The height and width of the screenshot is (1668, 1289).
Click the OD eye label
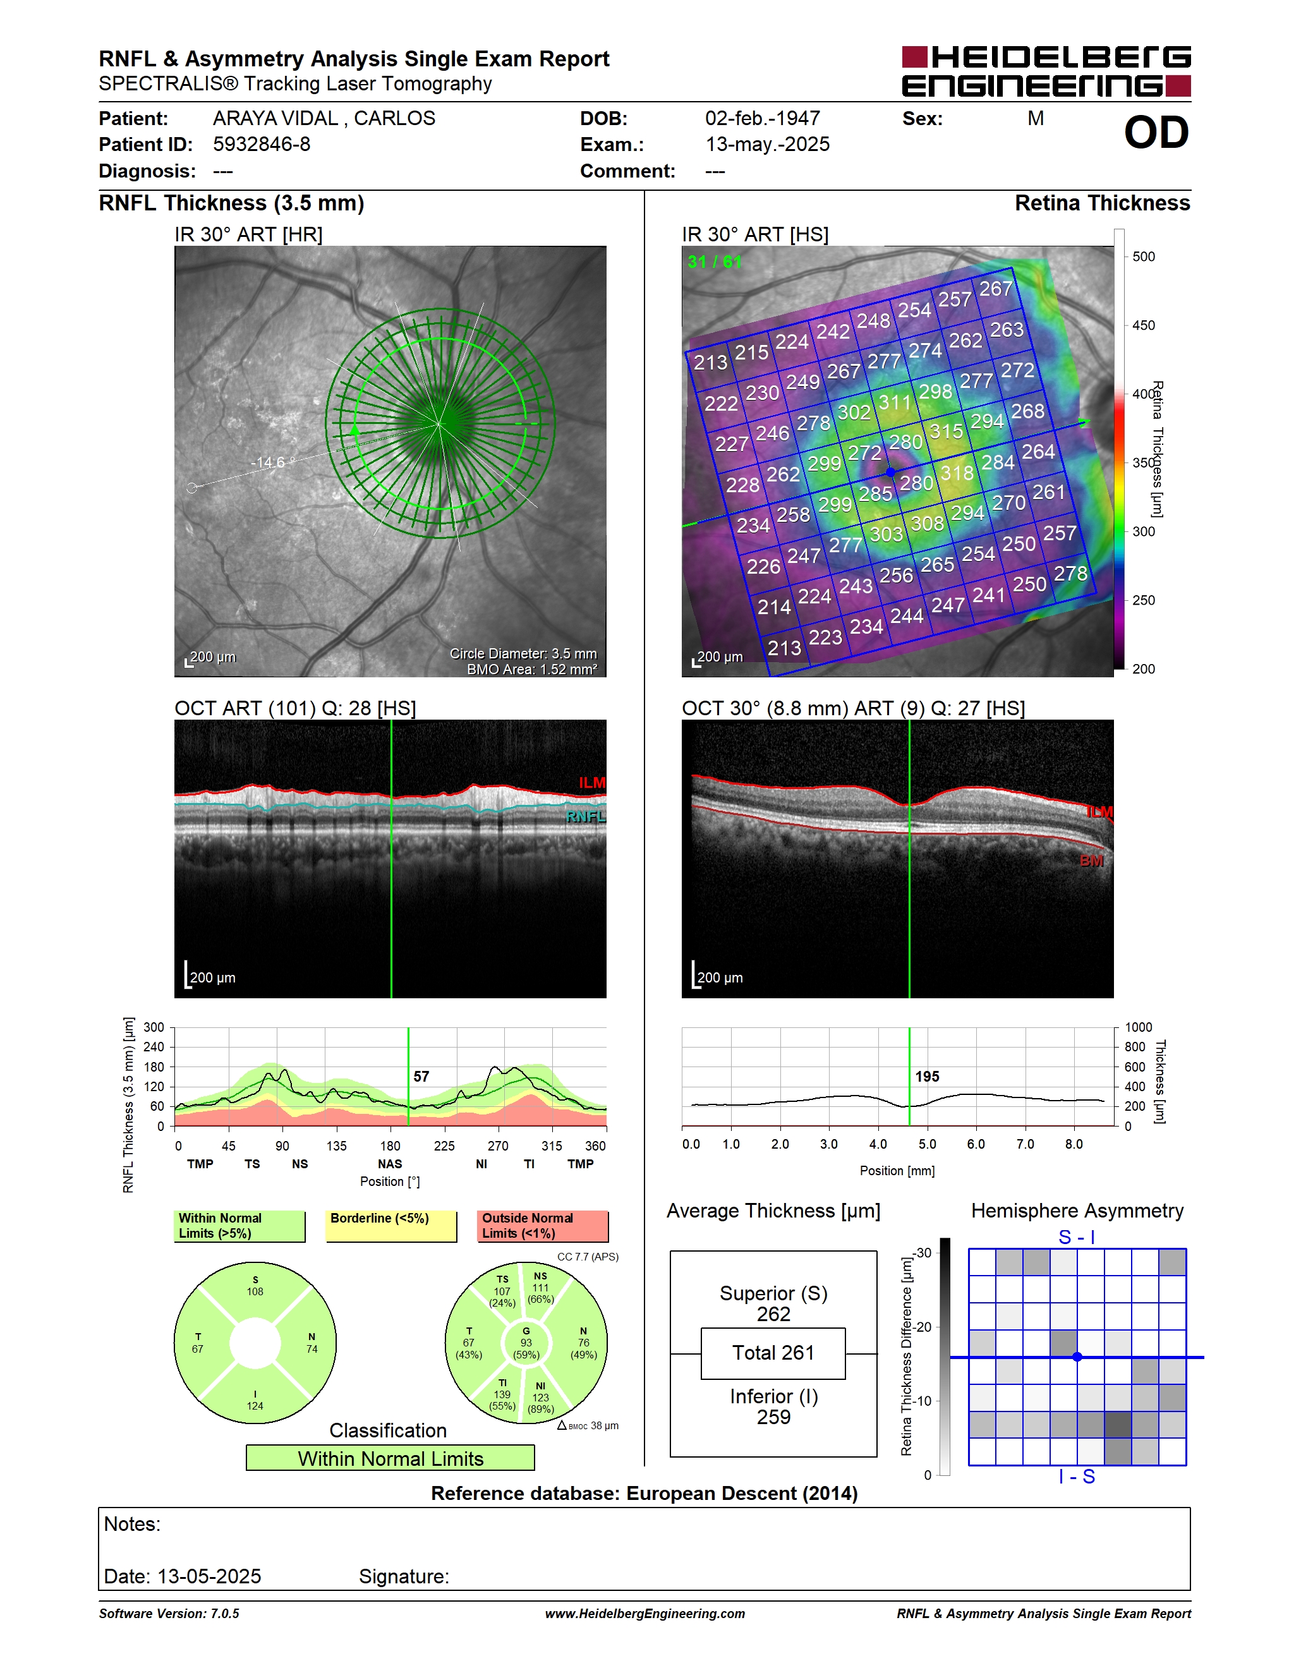tap(1156, 133)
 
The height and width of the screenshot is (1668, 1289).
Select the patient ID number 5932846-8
tap(261, 144)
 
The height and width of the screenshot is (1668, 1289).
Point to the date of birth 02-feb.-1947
tap(762, 118)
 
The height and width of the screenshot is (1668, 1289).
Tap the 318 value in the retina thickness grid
tap(957, 473)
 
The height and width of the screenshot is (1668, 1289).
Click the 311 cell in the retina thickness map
tap(895, 402)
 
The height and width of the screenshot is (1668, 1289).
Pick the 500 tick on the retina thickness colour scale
tap(1143, 257)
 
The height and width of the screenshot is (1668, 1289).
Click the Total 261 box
tap(773, 1353)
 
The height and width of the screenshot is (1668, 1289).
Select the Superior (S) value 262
tap(773, 1314)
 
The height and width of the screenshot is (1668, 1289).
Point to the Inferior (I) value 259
tap(773, 1417)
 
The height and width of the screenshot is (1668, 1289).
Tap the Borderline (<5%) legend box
tap(392, 1226)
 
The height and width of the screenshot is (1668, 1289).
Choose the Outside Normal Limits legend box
tap(543, 1226)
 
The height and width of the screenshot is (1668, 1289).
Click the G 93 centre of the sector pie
tap(526, 1343)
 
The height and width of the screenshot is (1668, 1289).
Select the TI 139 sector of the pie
tap(502, 1394)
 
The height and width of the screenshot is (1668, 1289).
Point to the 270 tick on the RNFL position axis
tap(498, 1145)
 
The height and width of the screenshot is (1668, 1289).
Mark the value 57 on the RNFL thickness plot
tap(421, 1076)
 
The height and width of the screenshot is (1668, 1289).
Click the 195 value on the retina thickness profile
tap(927, 1076)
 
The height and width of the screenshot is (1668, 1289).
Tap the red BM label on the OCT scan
tap(1091, 861)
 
